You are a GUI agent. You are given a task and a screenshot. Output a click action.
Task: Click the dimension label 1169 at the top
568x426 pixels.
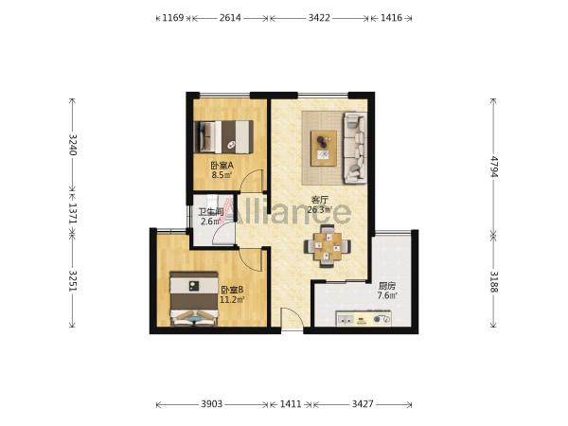(x=173, y=18)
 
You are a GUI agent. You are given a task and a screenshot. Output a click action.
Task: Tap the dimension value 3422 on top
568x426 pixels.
(x=319, y=18)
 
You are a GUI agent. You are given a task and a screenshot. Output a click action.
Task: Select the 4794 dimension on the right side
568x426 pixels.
(x=494, y=167)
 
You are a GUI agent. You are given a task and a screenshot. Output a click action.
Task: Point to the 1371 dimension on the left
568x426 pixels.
(x=73, y=213)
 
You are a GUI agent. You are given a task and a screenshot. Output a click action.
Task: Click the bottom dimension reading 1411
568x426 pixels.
(x=291, y=404)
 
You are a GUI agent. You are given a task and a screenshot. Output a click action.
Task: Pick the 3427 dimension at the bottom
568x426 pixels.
(x=363, y=404)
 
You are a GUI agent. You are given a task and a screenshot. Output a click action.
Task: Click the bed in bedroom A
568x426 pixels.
(x=223, y=137)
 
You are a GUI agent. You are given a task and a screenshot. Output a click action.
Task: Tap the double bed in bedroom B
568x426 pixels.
(x=194, y=299)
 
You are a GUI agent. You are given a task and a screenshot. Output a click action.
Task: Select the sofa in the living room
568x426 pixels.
(x=355, y=148)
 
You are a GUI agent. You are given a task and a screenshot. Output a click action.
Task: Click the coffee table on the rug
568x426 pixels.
(x=324, y=149)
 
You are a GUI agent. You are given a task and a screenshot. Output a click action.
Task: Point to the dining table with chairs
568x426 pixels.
(x=328, y=246)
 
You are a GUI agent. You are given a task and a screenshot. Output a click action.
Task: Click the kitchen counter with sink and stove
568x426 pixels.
(x=364, y=318)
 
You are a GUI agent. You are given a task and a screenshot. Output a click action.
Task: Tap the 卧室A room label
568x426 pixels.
(x=222, y=166)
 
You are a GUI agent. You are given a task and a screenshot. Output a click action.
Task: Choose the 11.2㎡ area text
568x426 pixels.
(x=232, y=299)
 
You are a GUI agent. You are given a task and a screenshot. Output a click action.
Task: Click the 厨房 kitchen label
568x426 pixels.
(x=387, y=286)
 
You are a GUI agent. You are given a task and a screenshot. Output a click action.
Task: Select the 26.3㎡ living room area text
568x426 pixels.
(x=320, y=210)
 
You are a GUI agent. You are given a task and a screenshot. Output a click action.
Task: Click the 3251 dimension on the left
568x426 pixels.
(x=73, y=281)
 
